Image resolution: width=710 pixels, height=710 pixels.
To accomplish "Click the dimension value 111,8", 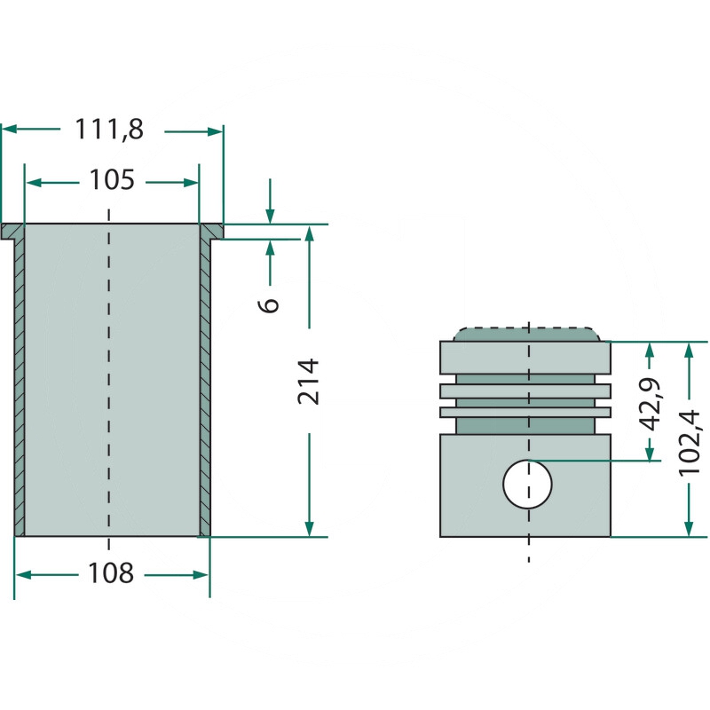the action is (109, 130).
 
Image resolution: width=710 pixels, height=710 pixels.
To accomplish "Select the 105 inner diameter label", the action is (112, 180).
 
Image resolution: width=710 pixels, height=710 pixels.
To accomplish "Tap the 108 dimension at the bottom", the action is (111, 573).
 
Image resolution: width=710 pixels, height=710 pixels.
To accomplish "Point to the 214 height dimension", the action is (308, 382).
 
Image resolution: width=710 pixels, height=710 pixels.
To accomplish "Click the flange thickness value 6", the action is (269, 305).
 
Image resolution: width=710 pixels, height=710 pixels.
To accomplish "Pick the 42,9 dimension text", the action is (650, 405).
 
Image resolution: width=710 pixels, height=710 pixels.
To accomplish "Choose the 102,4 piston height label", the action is (690, 443).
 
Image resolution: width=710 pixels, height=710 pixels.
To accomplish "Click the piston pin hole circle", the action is (527, 484).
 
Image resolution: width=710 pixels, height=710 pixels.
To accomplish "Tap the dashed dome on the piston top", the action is (526, 335).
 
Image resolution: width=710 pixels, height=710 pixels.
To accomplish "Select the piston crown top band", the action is (525, 358).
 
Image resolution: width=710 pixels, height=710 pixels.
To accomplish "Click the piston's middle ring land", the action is (525, 391).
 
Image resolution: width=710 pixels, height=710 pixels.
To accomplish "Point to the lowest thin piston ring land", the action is (525, 412).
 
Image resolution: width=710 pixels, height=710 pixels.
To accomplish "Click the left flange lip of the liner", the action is (12, 232).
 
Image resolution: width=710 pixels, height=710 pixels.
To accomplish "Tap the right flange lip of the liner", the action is (211, 232).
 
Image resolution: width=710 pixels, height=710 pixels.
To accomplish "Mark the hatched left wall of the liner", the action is (20, 387).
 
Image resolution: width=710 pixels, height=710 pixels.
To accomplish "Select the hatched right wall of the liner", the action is (205, 387).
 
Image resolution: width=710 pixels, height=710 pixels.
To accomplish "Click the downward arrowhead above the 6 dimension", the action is (270, 217).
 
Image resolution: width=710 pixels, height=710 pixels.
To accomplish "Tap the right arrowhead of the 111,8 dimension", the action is (215, 131).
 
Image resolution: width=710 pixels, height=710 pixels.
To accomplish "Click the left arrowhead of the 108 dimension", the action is (24, 575).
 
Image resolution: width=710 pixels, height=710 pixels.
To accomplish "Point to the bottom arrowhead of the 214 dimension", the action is (309, 529).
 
